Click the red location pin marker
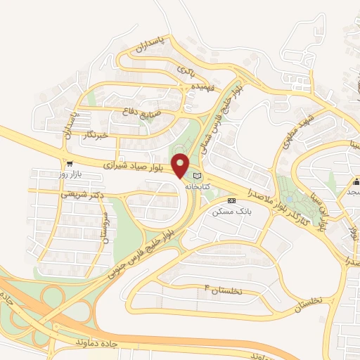(181, 165)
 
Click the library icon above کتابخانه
(198, 176)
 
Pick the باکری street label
(186, 70)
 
